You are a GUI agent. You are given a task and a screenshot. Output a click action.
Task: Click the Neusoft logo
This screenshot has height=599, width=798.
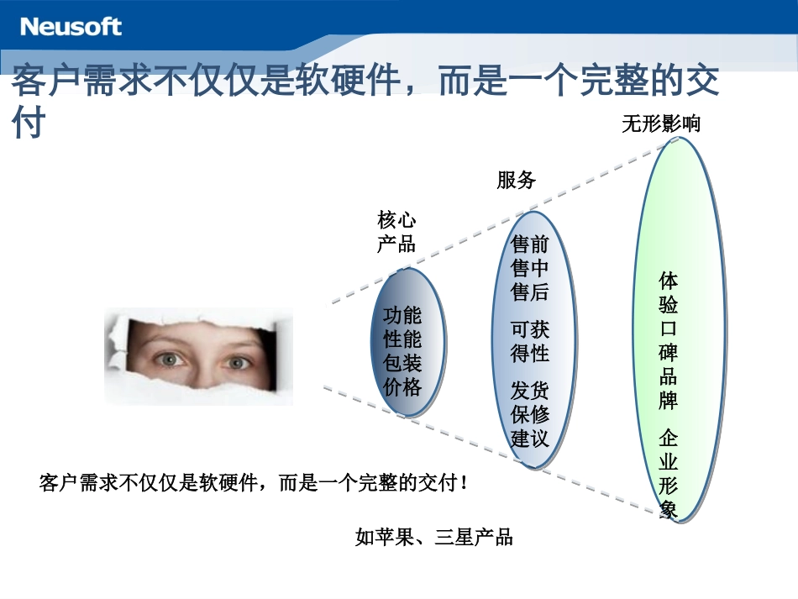71,26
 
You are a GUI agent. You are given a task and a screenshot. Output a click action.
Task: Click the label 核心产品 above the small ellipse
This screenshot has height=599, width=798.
396,232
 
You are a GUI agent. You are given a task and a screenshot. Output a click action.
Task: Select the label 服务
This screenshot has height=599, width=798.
516,180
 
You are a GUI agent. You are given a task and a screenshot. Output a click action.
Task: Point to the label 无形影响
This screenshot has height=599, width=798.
660,123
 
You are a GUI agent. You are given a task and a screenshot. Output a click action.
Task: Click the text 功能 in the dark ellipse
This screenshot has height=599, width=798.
402,316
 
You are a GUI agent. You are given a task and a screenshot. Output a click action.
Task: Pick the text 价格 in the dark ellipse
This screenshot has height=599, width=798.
402,387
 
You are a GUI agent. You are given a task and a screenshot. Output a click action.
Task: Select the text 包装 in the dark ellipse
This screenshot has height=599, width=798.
402,364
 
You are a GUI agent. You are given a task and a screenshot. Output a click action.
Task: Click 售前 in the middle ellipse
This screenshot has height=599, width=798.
530,244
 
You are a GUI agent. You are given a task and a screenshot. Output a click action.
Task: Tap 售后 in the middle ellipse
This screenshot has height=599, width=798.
530,292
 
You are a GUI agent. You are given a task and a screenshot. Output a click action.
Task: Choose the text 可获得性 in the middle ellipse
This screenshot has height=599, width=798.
530,341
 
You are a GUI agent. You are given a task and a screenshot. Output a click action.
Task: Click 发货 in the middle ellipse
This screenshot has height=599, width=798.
530,390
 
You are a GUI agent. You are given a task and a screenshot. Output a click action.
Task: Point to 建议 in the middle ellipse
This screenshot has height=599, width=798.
530,438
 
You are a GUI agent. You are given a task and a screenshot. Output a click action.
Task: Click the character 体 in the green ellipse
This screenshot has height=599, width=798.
669,280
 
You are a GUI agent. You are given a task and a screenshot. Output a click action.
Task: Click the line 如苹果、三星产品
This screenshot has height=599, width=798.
433,538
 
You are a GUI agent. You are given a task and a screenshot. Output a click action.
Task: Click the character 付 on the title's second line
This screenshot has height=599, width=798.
28,124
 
